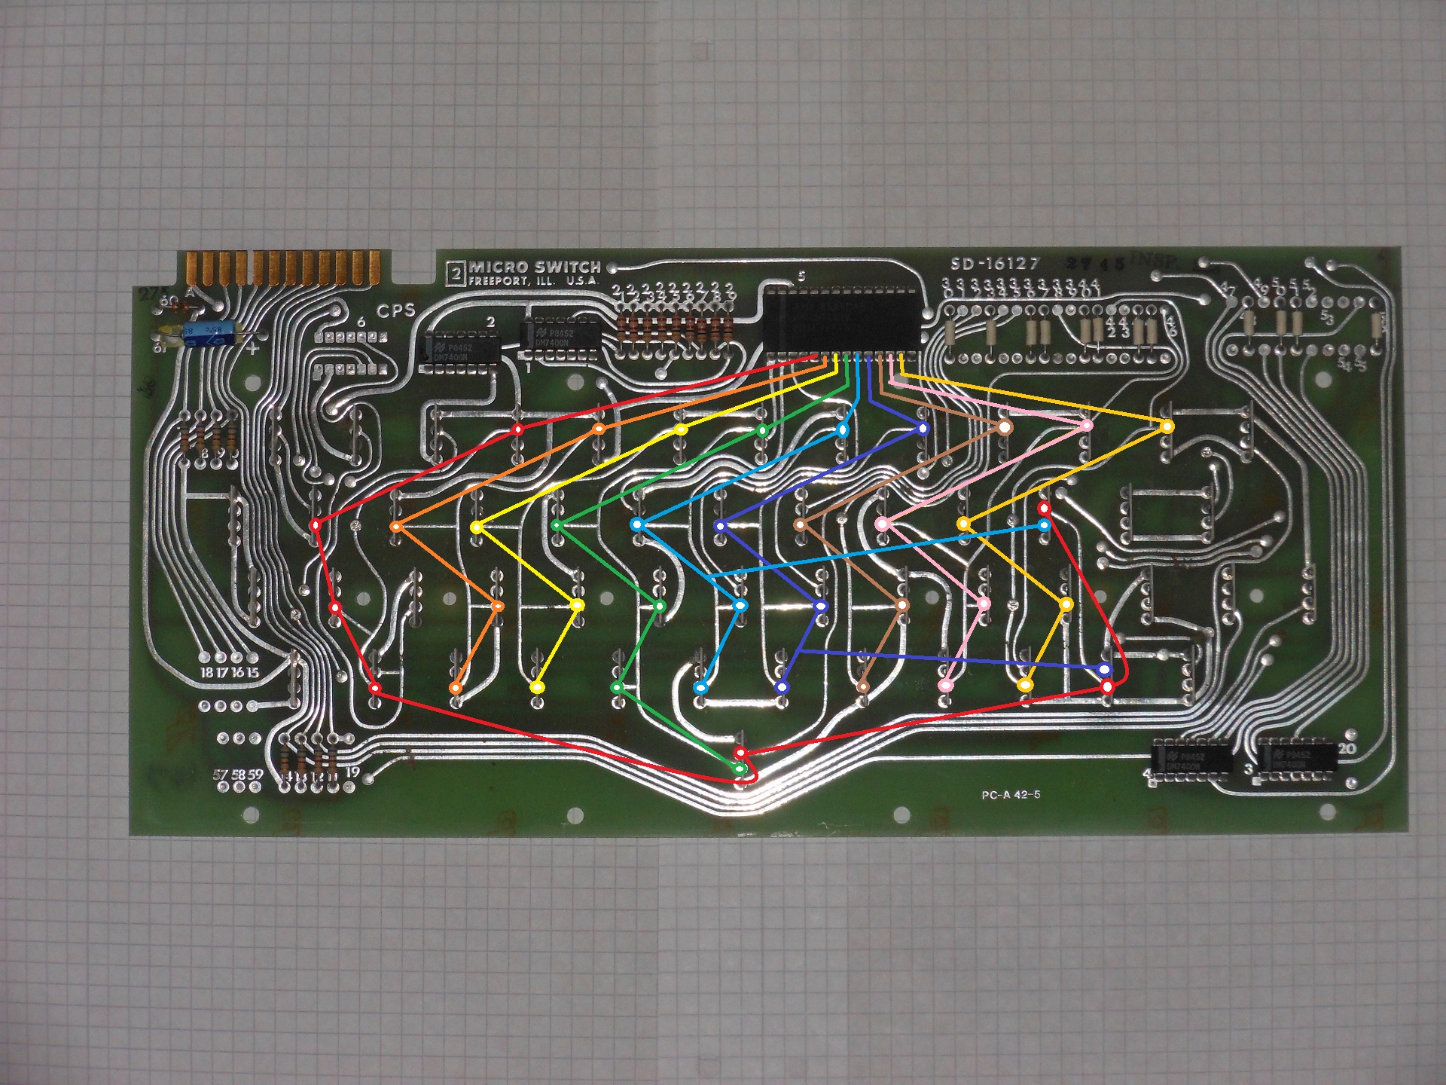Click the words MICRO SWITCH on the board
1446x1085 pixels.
535,267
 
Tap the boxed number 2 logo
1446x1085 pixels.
455,272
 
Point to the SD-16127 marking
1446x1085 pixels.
994,264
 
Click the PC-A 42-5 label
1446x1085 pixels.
1011,795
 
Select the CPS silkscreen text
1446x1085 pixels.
396,310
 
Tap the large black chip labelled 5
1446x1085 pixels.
843,322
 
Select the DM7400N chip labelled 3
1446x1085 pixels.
1298,757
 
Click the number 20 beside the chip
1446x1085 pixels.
1347,748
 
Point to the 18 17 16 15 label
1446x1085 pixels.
229,672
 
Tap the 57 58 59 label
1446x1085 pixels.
238,774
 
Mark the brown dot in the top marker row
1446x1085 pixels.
1005,428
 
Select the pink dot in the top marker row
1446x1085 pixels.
1086,426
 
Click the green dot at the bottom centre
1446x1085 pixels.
741,769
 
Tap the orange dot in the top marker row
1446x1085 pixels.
599,429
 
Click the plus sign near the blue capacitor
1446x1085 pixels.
253,348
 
